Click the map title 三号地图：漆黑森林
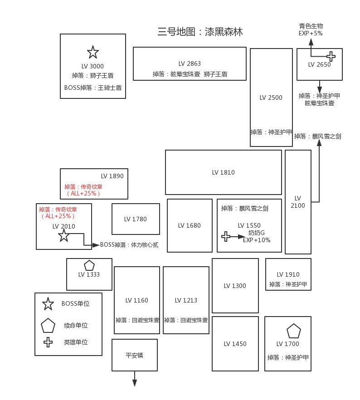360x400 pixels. click(x=200, y=32)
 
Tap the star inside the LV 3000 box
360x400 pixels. click(x=93, y=52)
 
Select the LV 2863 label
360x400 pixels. click(x=190, y=63)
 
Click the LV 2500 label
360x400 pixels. click(x=271, y=98)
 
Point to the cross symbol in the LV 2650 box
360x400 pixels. click(x=331, y=56)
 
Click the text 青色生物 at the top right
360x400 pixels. click(x=311, y=26)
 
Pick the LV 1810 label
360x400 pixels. click(x=224, y=172)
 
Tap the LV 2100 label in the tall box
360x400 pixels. click(x=298, y=202)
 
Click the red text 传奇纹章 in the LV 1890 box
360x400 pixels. click(x=83, y=186)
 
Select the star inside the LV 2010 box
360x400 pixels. click(x=64, y=235)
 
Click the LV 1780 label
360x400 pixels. click(x=136, y=219)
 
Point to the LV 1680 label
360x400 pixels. click(x=190, y=225)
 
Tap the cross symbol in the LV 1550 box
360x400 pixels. click(x=226, y=236)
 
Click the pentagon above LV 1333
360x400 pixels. click(x=89, y=265)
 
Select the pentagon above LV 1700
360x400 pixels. click(x=294, y=331)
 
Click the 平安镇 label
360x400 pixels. click(x=134, y=355)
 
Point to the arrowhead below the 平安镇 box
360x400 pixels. click(x=135, y=383)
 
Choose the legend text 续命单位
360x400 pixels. click(x=76, y=325)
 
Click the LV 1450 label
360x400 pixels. click(x=235, y=344)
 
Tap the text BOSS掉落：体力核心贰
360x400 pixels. click(x=129, y=245)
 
